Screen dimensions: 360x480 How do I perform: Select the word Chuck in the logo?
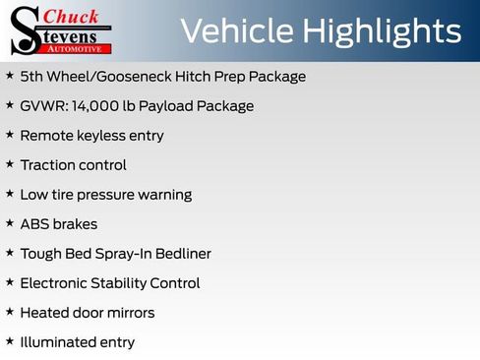[73, 16]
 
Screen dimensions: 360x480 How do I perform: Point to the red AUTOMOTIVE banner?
[78, 47]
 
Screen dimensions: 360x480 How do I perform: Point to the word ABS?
[34, 224]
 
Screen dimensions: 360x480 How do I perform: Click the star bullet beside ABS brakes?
[10, 223]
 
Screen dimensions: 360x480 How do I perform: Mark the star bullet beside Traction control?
[10, 164]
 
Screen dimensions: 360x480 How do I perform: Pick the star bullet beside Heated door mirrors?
[10, 312]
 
